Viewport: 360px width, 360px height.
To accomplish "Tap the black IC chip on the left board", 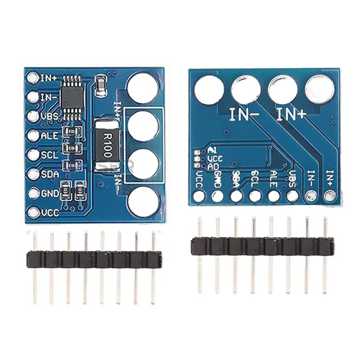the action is coord(73,95).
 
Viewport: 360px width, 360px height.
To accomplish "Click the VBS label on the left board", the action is coord(49,116).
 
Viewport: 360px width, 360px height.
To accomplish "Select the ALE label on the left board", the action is coord(49,135).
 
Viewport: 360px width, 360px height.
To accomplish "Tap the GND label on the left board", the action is coord(49,193).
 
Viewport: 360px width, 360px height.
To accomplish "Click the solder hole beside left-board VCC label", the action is coord(32,213).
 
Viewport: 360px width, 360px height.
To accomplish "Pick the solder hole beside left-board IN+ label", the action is coord(32,78).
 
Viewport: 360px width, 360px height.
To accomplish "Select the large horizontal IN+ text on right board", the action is coord(291,115).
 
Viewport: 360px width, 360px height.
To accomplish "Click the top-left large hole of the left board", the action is coord(143,87).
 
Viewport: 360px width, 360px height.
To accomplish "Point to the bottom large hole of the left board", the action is coord(143,200).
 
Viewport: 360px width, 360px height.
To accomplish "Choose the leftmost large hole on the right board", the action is coord(209,89).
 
